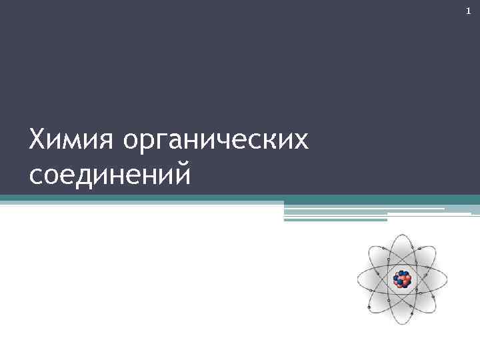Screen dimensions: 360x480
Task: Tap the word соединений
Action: click(110, 175)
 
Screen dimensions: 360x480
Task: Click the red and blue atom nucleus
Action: click(402, 278)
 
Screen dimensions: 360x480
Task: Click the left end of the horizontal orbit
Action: click(358, 278)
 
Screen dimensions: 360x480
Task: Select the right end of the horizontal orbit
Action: click(446, 278)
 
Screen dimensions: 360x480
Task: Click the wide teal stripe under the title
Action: click(240, 198)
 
